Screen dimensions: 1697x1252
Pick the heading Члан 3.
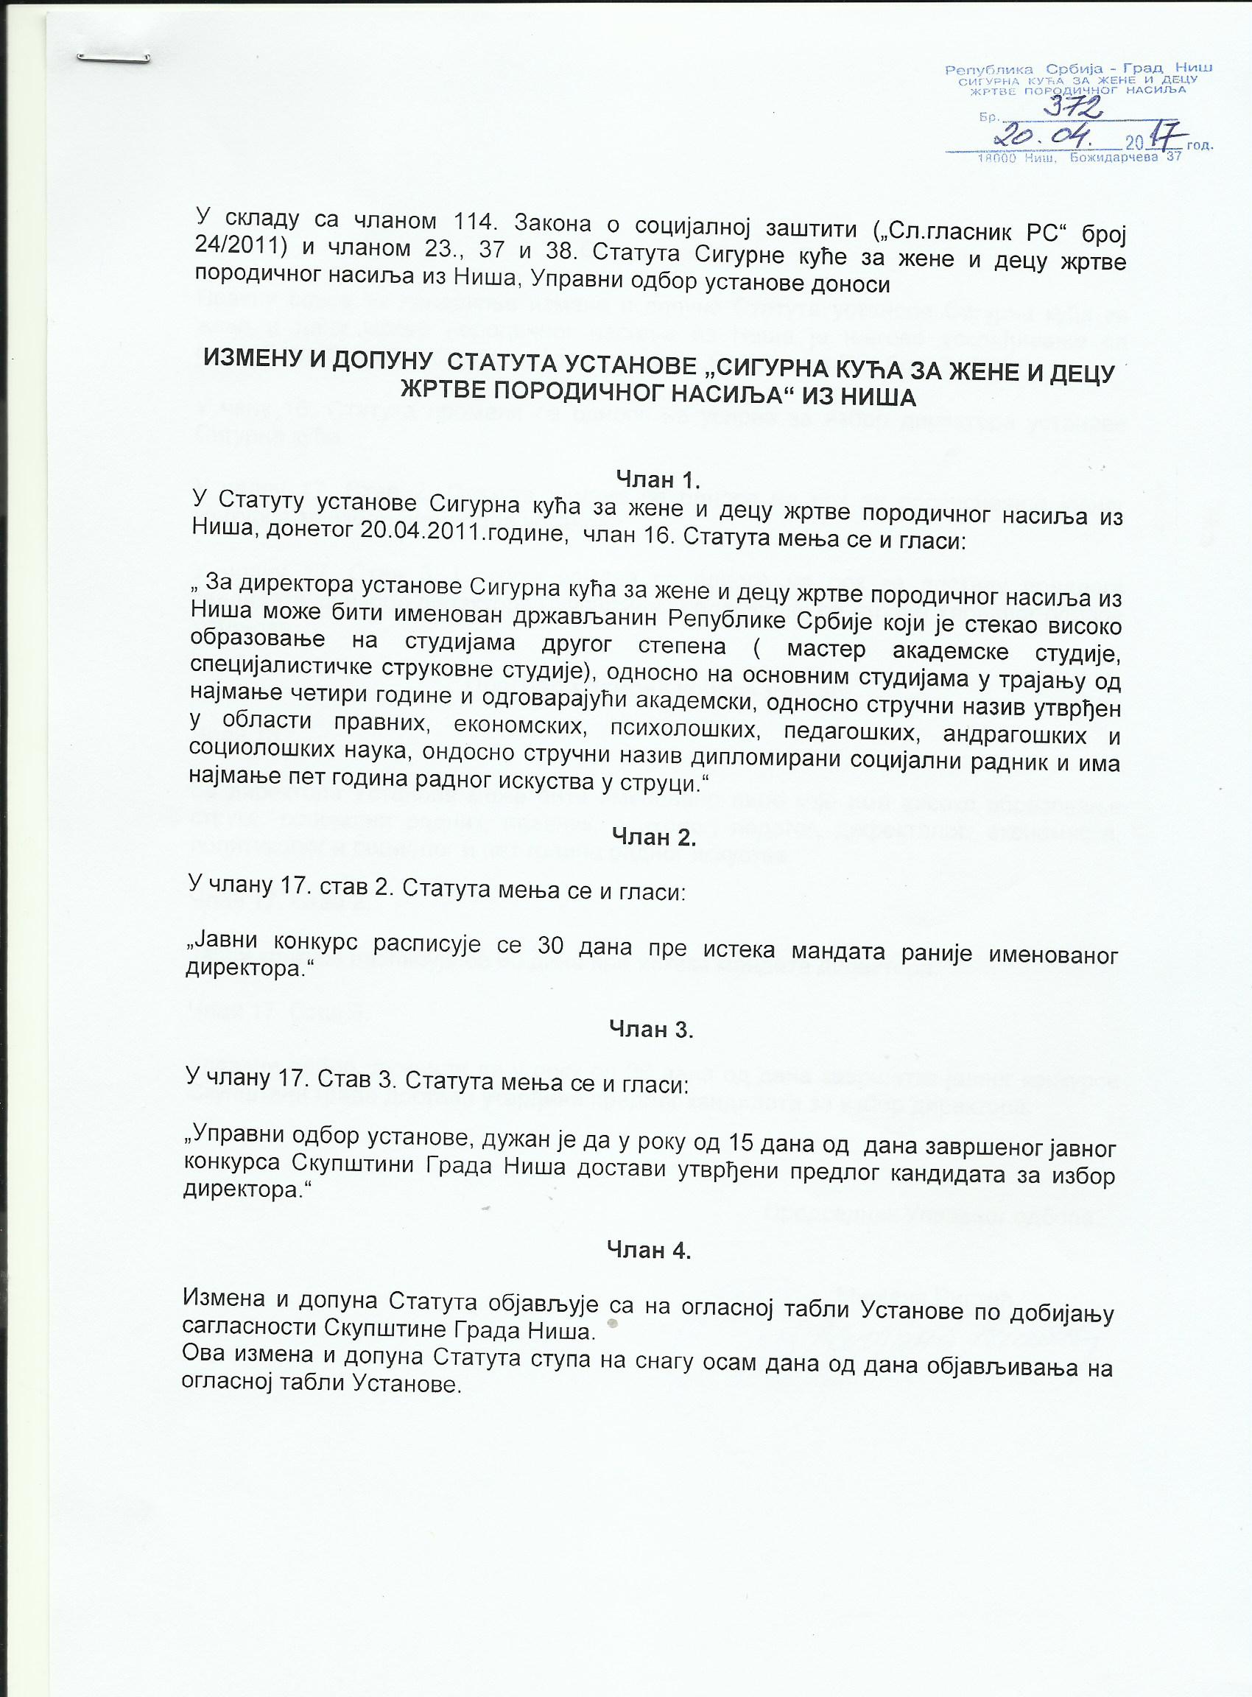coord(651,1028)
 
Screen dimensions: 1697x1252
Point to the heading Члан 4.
coord(649,1250)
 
